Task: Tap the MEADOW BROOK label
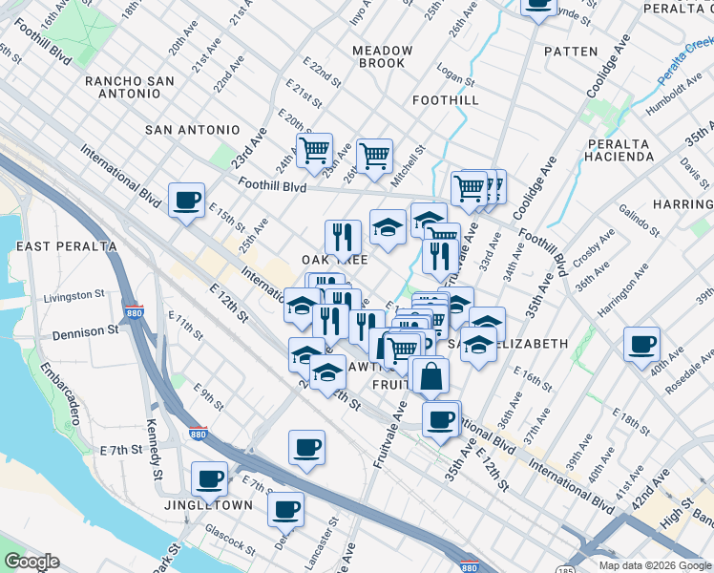pyautogui.click(x=382, y=56)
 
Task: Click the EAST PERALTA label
pyautogui.click(x=67, y=246)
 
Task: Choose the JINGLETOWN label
pyautogui.click(x=209, y=505)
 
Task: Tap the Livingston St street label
pyautogui.click(x=68, y=296)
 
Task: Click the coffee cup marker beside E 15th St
pyautogui.click(x=186, y=201)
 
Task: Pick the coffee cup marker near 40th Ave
pyautogui.click(x=641, y=344)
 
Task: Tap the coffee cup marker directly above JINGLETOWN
pyautogui.click(x=209, y=478)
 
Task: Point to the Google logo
pyautogui.click(x=31, y=562)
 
